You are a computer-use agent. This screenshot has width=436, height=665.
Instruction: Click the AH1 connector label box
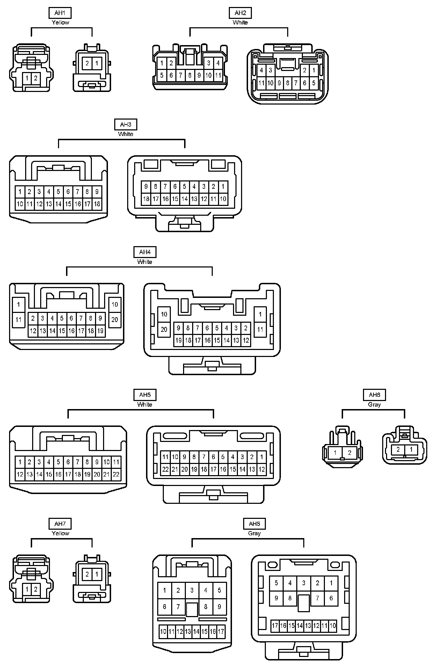tap(60, 13)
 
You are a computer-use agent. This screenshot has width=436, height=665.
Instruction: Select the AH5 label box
tap(145, 395)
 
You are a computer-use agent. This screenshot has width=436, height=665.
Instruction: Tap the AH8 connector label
tap(254, 524)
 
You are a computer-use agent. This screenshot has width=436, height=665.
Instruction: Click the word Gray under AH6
tap(374, 405)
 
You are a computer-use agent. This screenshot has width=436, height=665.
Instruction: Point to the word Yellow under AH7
tap(60, 533)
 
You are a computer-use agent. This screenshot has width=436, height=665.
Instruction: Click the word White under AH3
tap(125, 134)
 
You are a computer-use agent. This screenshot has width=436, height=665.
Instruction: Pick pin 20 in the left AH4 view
tap(115, 320)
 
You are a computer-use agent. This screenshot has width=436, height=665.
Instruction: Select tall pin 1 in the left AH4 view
tap(19, 305)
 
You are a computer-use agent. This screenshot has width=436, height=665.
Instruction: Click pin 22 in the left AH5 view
tap(116, 474)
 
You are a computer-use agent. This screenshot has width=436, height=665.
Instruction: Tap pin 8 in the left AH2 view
tap(190, 75)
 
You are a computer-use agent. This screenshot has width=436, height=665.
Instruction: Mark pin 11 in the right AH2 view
tap(261, 83)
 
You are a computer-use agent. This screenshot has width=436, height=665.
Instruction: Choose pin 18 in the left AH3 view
tap(97, 204)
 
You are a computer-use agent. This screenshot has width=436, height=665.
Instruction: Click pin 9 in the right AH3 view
tap(146, 187)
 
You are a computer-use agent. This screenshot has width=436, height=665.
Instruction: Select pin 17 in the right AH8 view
tap(275, 625)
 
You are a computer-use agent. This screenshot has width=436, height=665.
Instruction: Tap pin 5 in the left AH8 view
tap(219, 590)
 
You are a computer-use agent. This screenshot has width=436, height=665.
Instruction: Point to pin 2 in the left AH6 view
tap(350, 452)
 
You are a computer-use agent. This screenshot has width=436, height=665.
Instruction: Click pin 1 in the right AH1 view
tap(97, 64)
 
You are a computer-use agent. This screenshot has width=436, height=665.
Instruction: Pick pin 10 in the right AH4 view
tap(164, 314)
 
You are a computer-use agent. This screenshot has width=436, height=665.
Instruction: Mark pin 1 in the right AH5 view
tap(262, 457)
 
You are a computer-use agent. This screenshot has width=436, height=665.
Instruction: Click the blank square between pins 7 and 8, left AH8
tap(192, 609)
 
